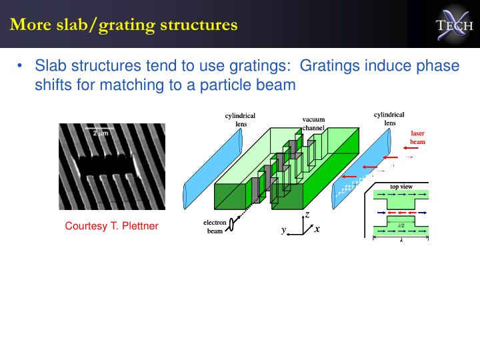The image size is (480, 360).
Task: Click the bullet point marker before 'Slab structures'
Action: tap(21, 67)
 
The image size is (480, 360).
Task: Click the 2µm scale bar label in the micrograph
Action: tap(100, 134)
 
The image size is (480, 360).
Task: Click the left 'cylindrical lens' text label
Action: tap(240, 119)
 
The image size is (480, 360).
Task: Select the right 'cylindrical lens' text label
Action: tap(389, 118)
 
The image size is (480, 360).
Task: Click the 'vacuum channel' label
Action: tap(313, 123)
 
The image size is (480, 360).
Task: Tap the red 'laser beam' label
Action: tap(417, 137)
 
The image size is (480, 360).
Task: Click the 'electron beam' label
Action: tap(215, 227)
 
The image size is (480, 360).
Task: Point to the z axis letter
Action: tap(307, 214)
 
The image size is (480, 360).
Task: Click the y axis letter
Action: tap(283, 229)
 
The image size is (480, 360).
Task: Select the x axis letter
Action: tap(317, 229)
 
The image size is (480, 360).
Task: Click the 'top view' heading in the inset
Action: tap(401, 187)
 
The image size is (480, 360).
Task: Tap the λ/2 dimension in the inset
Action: tap(401, 226)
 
